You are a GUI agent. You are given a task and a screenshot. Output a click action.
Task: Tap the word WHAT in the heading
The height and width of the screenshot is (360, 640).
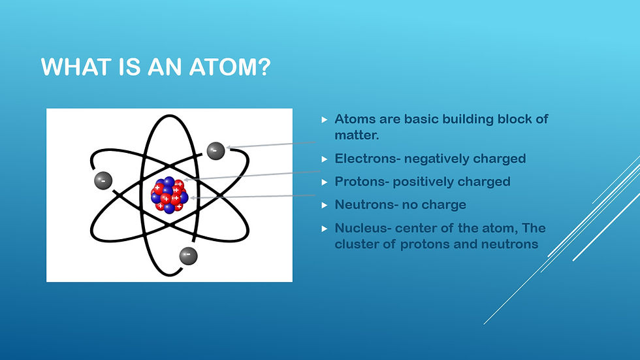76,67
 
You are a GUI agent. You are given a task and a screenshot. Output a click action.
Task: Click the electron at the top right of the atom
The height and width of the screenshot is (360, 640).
216,151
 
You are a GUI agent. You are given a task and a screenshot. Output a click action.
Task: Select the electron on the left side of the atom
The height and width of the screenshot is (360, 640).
103,180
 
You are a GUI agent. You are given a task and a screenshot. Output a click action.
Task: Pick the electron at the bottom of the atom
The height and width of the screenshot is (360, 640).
188,256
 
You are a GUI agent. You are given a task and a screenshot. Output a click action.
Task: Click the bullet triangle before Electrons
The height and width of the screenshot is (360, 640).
325,159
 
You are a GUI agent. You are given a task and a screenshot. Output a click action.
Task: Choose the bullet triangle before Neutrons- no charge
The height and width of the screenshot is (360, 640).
325,205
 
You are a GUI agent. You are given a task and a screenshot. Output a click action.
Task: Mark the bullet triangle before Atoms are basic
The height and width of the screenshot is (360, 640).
325,120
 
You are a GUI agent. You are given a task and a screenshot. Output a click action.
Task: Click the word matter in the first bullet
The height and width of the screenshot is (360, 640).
357,135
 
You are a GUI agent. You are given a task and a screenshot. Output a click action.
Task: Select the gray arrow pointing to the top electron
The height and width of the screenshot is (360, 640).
270,144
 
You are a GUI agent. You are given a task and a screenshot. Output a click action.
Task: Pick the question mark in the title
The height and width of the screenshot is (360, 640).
263,67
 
